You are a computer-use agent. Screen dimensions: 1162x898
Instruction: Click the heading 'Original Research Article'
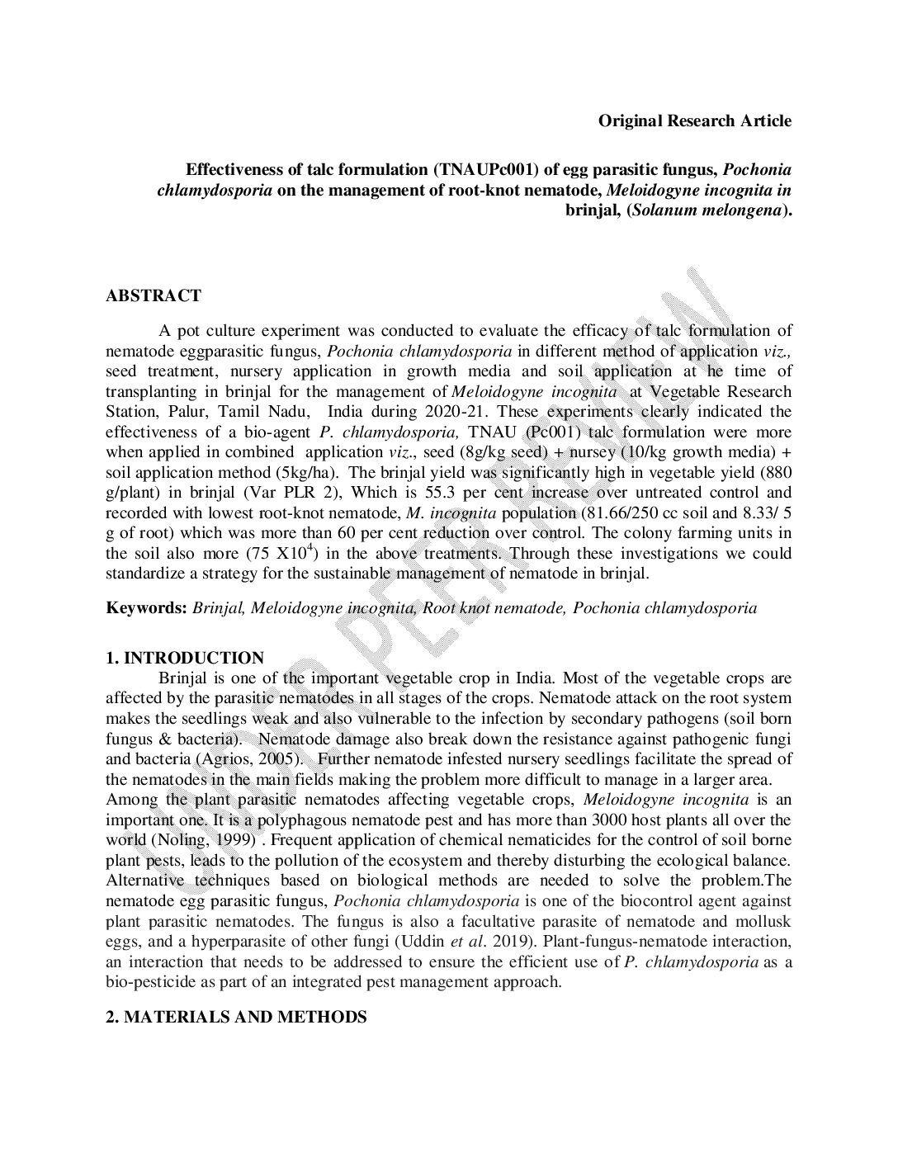694,121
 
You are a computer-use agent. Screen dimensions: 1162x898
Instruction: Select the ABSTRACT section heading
154,296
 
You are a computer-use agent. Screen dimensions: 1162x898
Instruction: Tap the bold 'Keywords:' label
147,608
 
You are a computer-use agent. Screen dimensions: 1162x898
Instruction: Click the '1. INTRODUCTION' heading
185,658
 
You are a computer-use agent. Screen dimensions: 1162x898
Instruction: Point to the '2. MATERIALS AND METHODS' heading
236,1017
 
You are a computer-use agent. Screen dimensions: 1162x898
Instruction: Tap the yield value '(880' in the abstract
774,473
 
